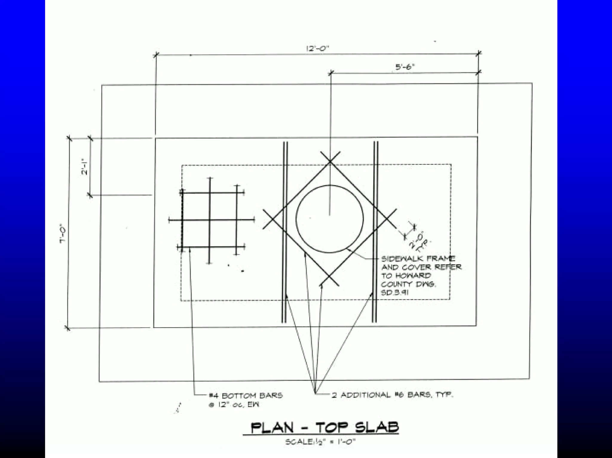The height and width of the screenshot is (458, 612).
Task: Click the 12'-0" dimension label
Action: (317, 48)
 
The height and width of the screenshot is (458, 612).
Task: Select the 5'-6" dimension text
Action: (406, 67)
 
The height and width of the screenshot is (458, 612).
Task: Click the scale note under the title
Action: (320, 442)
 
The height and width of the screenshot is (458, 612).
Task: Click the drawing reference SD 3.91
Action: (395, 293)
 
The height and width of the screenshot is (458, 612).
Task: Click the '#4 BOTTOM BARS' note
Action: (246, 396)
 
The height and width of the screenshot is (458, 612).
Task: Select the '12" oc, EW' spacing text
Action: (234, 405)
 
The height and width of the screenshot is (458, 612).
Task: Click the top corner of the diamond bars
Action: (330, 162)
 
